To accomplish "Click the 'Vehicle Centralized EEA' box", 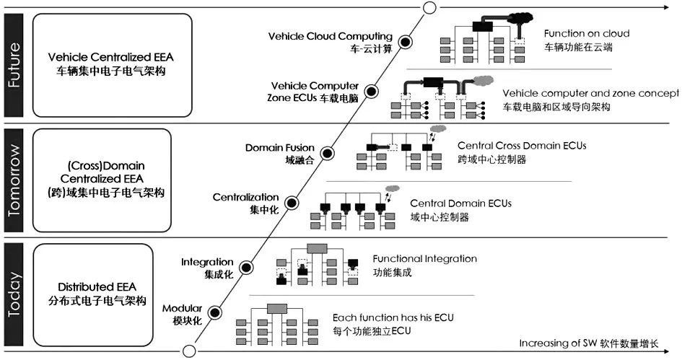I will click(113, 64).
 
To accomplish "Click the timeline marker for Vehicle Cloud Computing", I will click(406, 43).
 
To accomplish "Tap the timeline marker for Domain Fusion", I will click(326, 154).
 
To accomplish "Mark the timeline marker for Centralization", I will click(292, 203).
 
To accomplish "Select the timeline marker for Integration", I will click(246, 268).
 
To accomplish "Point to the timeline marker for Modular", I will click(214, 312).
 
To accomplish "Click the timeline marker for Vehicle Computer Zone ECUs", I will click(372, 92).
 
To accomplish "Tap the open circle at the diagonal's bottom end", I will click(189, 351).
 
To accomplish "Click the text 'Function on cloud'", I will click(586, 34).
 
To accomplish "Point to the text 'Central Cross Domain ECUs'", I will click(521, 146).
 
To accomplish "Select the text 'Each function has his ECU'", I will click(393, 317).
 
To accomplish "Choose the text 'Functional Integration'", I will click(424, 258).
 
